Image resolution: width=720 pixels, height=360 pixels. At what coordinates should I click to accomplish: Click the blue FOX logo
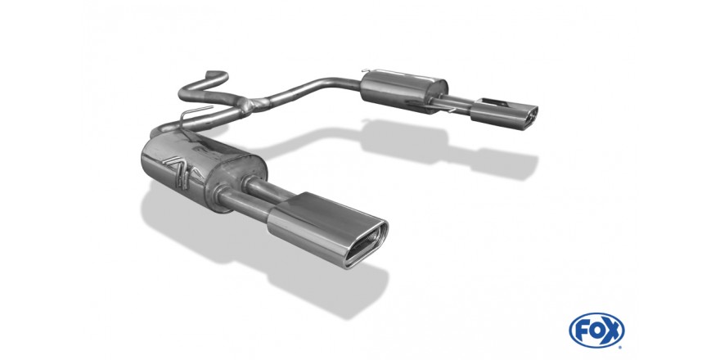(596, 331)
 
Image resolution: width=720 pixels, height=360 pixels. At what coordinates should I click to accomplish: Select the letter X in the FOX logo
(613, 331)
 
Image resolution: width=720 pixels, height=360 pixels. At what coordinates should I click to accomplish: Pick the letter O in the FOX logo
(596, 331)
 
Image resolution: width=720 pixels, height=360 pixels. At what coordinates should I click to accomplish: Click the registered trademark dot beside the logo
(622, 347)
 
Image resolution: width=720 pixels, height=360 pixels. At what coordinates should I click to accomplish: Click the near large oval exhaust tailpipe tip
(327, 230)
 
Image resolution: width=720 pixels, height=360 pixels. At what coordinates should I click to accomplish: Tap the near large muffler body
(202, 170)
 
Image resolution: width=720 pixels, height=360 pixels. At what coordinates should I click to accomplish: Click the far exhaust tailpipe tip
(504, 114)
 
